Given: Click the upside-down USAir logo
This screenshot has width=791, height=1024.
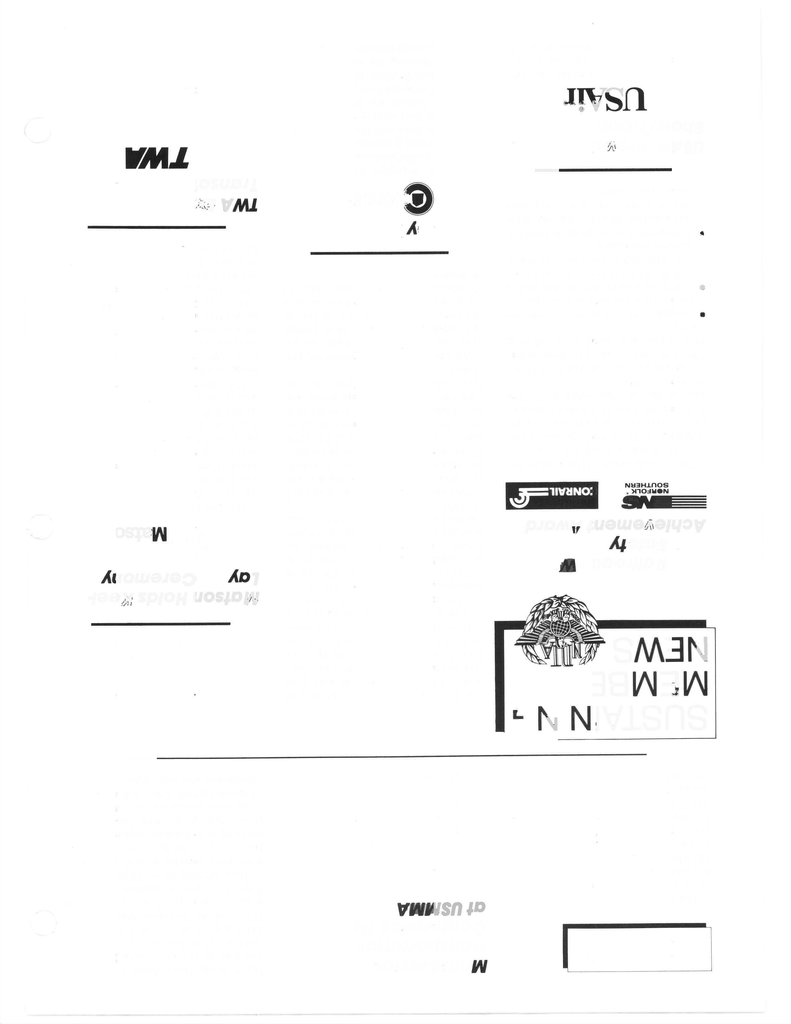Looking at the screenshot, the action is point(606,99).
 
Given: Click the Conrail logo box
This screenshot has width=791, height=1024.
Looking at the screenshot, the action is point(552,496).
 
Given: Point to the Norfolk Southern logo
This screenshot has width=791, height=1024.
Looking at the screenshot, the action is point(663,496).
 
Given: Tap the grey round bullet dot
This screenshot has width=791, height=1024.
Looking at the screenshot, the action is point(702,287).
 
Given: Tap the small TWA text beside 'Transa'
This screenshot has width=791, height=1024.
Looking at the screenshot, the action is point(239,205).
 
